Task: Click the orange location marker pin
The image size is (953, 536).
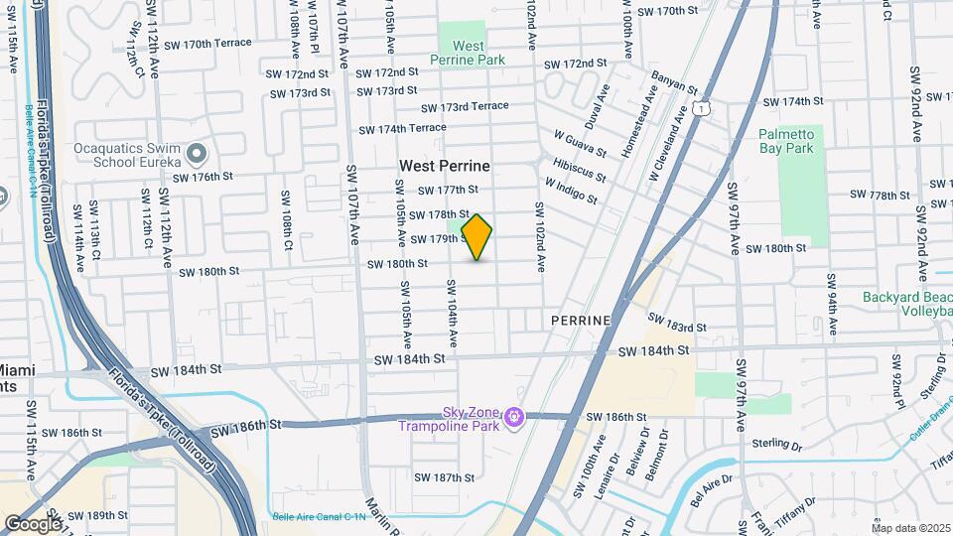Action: pyautogui.click(x=477, y=237)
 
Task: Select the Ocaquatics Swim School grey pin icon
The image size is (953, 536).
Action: pyautogui.click(x=197, y=154)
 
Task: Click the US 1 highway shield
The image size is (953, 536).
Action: pyautogui.click(x=702, y=106)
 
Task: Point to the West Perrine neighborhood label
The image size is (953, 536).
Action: pyautogui.click(x=445, y=166)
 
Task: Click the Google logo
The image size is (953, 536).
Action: pyautogui.click(x=32, y=523)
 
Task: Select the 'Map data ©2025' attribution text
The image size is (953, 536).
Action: pyautogui.click(x=910, y=528)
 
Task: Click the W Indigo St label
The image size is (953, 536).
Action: pyautogui.click(x=571, y=191)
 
